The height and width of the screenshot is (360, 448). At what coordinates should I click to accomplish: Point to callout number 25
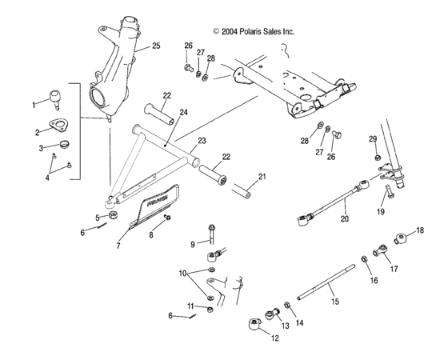point(156,46)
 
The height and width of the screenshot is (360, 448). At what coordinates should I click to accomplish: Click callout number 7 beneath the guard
point(118,246)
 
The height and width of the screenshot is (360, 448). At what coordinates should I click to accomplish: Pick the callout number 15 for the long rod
point(334,302)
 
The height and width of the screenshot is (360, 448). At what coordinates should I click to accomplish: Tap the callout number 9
point(193,243)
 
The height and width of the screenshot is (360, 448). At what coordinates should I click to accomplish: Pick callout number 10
point(182,274)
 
